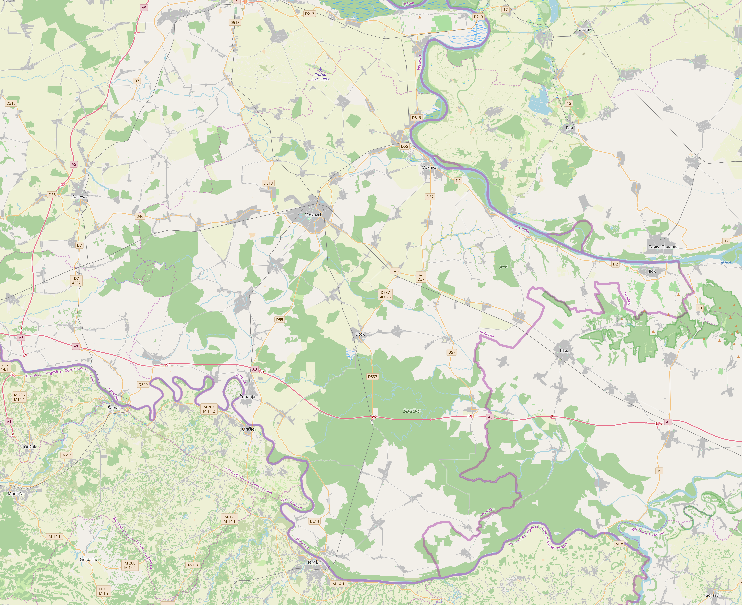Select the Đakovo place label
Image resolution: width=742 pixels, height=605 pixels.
[x=79, y=197]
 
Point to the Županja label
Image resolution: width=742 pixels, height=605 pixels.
[x=247, y=397]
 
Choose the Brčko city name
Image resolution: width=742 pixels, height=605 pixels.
[x=314, y=563]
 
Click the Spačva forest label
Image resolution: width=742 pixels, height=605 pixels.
[x=412, y=411]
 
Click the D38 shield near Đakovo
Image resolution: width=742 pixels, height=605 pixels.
[x=52, y=195]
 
